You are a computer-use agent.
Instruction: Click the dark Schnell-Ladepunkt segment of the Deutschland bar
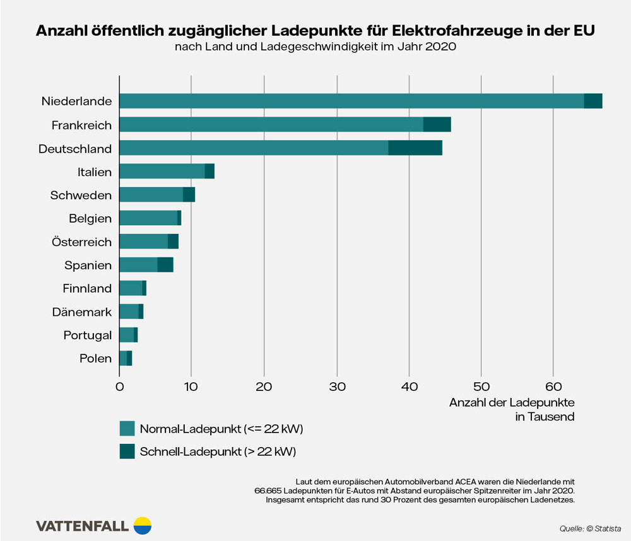pos(415,148)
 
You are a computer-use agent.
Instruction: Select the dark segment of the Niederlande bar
pos(593,101)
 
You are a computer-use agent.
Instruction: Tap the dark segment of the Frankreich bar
pos(437,125)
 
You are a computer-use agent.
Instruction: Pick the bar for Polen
pos(126,359)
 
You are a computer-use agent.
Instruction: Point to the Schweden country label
pos(81,195)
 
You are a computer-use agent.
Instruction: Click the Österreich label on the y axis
pos(81,242)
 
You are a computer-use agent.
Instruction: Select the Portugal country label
pos(87,335)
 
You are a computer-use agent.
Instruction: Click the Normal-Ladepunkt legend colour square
pos(127,429)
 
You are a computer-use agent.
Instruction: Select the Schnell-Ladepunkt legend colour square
pos(127,451)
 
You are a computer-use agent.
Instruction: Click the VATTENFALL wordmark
pos(83,526)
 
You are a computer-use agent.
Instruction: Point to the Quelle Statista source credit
pos(590,528)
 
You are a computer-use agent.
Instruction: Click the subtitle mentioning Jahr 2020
pos(315,47)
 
